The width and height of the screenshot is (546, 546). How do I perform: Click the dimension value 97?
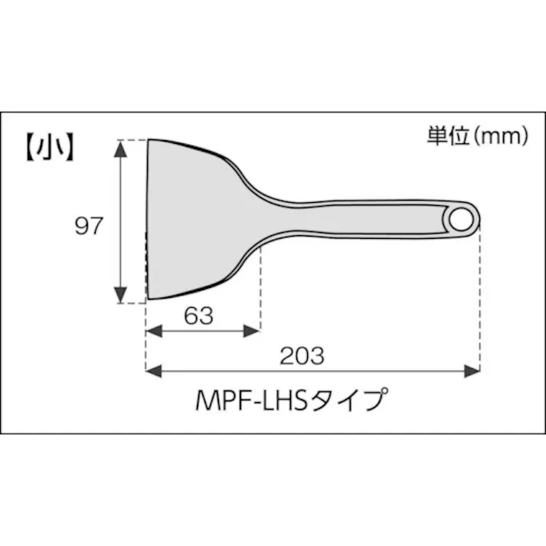click(x=88, y=227)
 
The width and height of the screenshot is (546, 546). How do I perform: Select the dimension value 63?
click(x=198, y=316)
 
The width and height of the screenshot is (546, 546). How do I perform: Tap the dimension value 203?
click(x=302, y=356)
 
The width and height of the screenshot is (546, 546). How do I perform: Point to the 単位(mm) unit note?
click(x=477, y=136)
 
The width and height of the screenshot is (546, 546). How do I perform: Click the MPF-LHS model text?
click(x=251, y=401)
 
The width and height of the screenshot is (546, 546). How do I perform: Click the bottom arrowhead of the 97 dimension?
click(x=121, y=295)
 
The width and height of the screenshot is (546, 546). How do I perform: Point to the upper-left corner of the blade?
click(x=149, y=141)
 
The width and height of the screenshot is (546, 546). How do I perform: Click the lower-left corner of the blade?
click(x=149, y=298)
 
